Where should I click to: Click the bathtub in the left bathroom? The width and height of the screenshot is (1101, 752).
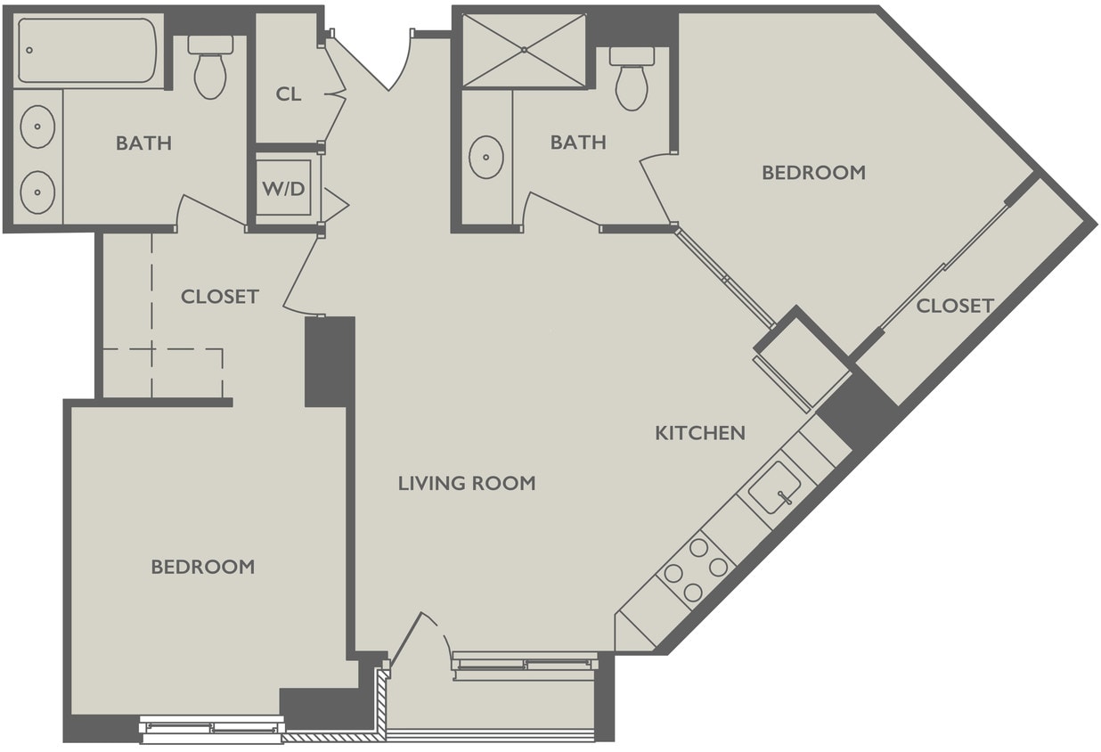pyautogui.click(x=86, y=51)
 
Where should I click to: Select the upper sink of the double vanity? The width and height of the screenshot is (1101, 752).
pyautogui.click(x=37, y=127)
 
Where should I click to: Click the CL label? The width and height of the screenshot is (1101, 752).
pyautogui.click(x=288, y=94)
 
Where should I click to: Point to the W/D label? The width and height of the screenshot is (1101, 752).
pyautogui.click(x=282, y=189)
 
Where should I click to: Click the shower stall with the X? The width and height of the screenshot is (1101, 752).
pyautogui.click(x=524, y=51)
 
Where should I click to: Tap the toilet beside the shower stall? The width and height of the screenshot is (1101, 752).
pyautogui.click(x=632, y=78)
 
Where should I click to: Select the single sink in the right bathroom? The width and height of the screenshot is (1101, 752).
pyautogui.click(x=486, y=157)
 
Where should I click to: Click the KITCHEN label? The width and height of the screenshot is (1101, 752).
pyautogui.click(x=700, y=433)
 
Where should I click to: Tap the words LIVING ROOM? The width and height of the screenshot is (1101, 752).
pyautogui.click(x=467, y=483)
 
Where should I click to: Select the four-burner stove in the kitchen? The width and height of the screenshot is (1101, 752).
pyautogui.click(x=696, y=569)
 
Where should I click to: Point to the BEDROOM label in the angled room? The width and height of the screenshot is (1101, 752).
pyautogui.click(x=813, y=173)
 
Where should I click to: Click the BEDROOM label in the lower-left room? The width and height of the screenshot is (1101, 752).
pyautogui.click(x=202, y=567)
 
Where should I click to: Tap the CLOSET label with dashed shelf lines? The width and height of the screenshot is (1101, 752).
pyautogui.click(x=219, y=296)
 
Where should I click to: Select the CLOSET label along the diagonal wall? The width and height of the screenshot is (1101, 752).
pyautogui.click(x=955, y=306)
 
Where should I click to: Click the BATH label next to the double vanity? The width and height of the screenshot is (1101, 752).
pyautogui.click(x=143, y=143)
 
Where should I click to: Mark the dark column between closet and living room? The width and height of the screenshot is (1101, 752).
pyautogui.click(x=330, y=362)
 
